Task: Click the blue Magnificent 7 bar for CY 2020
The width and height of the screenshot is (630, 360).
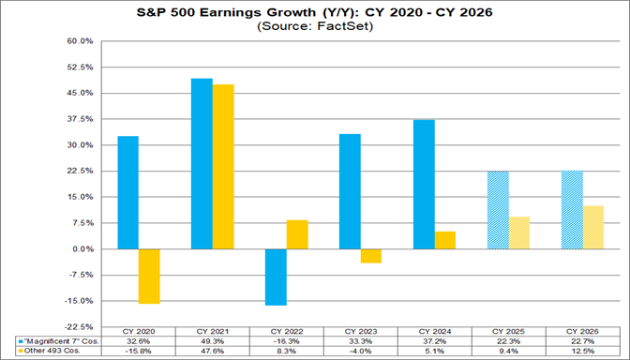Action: (127, 192)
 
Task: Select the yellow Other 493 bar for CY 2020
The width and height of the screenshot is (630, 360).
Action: (149, 277)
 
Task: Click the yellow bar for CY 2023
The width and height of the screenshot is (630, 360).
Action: (371, 256)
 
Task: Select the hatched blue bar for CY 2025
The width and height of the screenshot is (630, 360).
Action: (498, 210)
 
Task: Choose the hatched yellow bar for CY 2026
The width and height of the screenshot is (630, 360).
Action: (593, 228)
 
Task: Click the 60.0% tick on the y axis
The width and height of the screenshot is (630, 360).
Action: (80, 42)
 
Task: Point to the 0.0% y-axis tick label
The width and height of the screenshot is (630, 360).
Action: (82, 249)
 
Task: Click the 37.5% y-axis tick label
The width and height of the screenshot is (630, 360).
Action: (80, 120)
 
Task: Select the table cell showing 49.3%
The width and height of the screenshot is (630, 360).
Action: (212, 342)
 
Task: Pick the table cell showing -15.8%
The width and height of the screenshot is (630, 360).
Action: (138, 352)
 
